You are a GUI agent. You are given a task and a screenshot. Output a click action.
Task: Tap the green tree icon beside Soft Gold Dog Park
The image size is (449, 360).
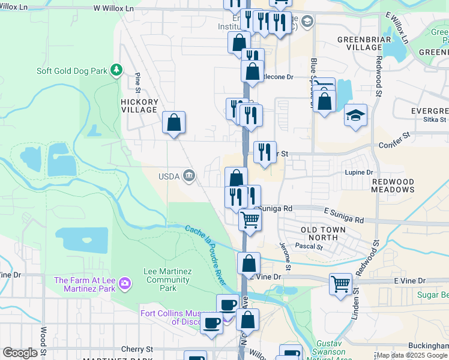click(116, 71)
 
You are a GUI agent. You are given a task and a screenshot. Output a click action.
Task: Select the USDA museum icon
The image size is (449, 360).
click(189, 175)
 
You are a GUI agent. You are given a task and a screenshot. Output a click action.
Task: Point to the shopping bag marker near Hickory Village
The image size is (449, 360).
click(174, 123)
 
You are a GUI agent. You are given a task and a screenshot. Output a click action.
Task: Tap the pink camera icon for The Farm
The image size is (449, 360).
click(125, 282)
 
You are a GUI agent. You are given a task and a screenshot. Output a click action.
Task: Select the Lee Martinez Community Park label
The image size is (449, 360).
click(168, 280)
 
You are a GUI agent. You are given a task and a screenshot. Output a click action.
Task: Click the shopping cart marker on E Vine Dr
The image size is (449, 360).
click(340, 283)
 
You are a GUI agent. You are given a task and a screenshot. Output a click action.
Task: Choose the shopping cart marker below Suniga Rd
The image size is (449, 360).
click(250, 219)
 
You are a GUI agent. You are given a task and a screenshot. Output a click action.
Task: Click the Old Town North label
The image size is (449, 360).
click(323, 233)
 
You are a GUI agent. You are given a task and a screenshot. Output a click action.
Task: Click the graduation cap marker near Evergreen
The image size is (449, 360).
click(355, 116)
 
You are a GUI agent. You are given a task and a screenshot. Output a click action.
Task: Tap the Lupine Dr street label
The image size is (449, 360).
click(360, 172)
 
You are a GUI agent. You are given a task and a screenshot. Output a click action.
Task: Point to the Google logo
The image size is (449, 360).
click(20, 353)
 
